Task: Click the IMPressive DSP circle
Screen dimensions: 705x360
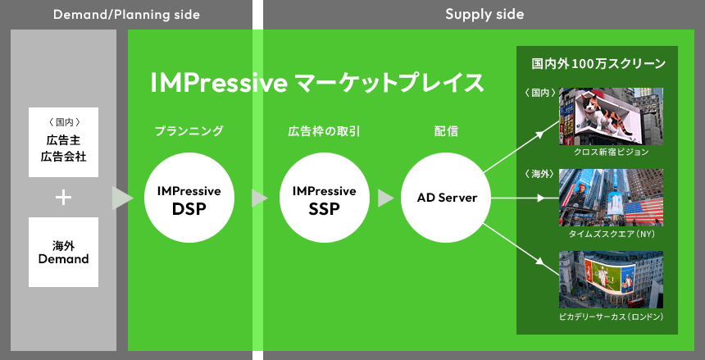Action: click(x=189, y=198)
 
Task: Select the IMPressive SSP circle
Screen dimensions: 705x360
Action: click(x=324, y=198)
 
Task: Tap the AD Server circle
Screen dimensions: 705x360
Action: click(x=446, y=198)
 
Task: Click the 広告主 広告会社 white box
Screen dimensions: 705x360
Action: click(x=63, y=142)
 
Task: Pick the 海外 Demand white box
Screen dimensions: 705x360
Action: click(x=63, y=252)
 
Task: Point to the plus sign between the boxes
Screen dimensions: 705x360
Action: click(x=63, y=198)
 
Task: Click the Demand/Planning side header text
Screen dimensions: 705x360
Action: click(x=126, y=15)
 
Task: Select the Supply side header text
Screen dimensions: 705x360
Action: click(x=484, y=15)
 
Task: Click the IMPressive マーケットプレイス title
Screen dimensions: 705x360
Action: click(x=317, y=83)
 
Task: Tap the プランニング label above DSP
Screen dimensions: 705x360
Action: click(x=189, y=131)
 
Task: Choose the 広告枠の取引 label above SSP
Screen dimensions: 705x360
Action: click(x=324, y=131)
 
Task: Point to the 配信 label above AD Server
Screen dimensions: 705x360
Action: click(x=447, y=131)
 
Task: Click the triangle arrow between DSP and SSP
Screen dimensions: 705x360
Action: click(x=258, y=198)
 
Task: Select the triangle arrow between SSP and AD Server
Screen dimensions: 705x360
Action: click(x=385, y=198)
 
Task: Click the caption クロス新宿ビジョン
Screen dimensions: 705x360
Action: click(x=611, y=152)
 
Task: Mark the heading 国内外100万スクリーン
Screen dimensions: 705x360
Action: click(x=598, y=64)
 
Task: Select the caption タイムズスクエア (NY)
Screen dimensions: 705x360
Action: click(x=611, y=234)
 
